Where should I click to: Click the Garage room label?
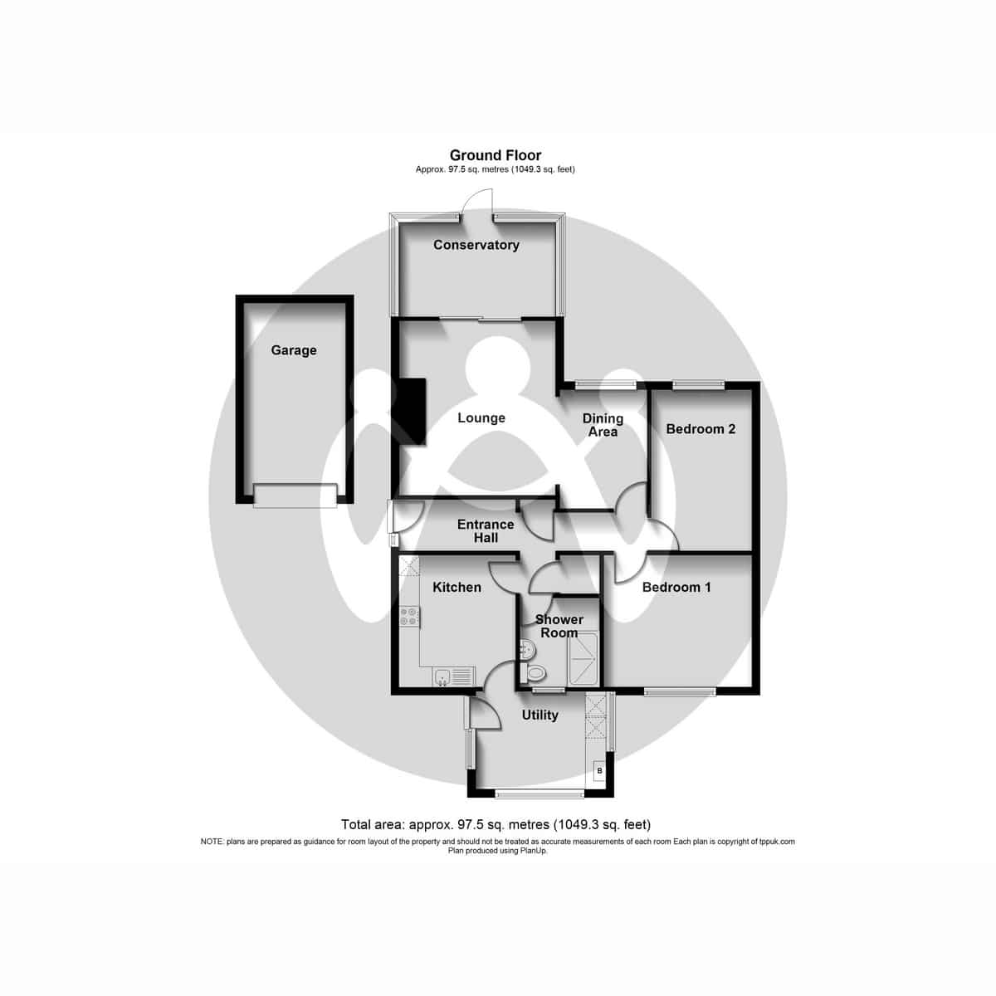click(294, 350)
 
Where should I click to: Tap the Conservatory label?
click(476, 245)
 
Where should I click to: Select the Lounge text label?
click(481, 417)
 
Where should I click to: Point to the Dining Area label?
click(603, 425)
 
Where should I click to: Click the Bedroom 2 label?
click(701, 429)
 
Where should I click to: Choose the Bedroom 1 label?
click(676, 587)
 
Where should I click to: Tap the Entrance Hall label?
click(486, 531)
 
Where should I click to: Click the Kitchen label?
click(456, 587)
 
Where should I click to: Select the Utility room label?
click(539, 715)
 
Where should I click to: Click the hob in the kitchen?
click(409, 616)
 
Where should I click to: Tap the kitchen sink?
click(454, 676)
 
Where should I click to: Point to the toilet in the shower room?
click(533, 673)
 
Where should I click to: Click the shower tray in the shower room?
click(582, 658)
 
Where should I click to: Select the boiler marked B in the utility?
click(599, 771)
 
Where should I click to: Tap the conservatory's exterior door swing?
click(476, 203)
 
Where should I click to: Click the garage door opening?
click(295, 496)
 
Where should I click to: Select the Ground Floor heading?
click(496, 155)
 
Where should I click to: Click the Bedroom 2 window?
click(699, 383)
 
